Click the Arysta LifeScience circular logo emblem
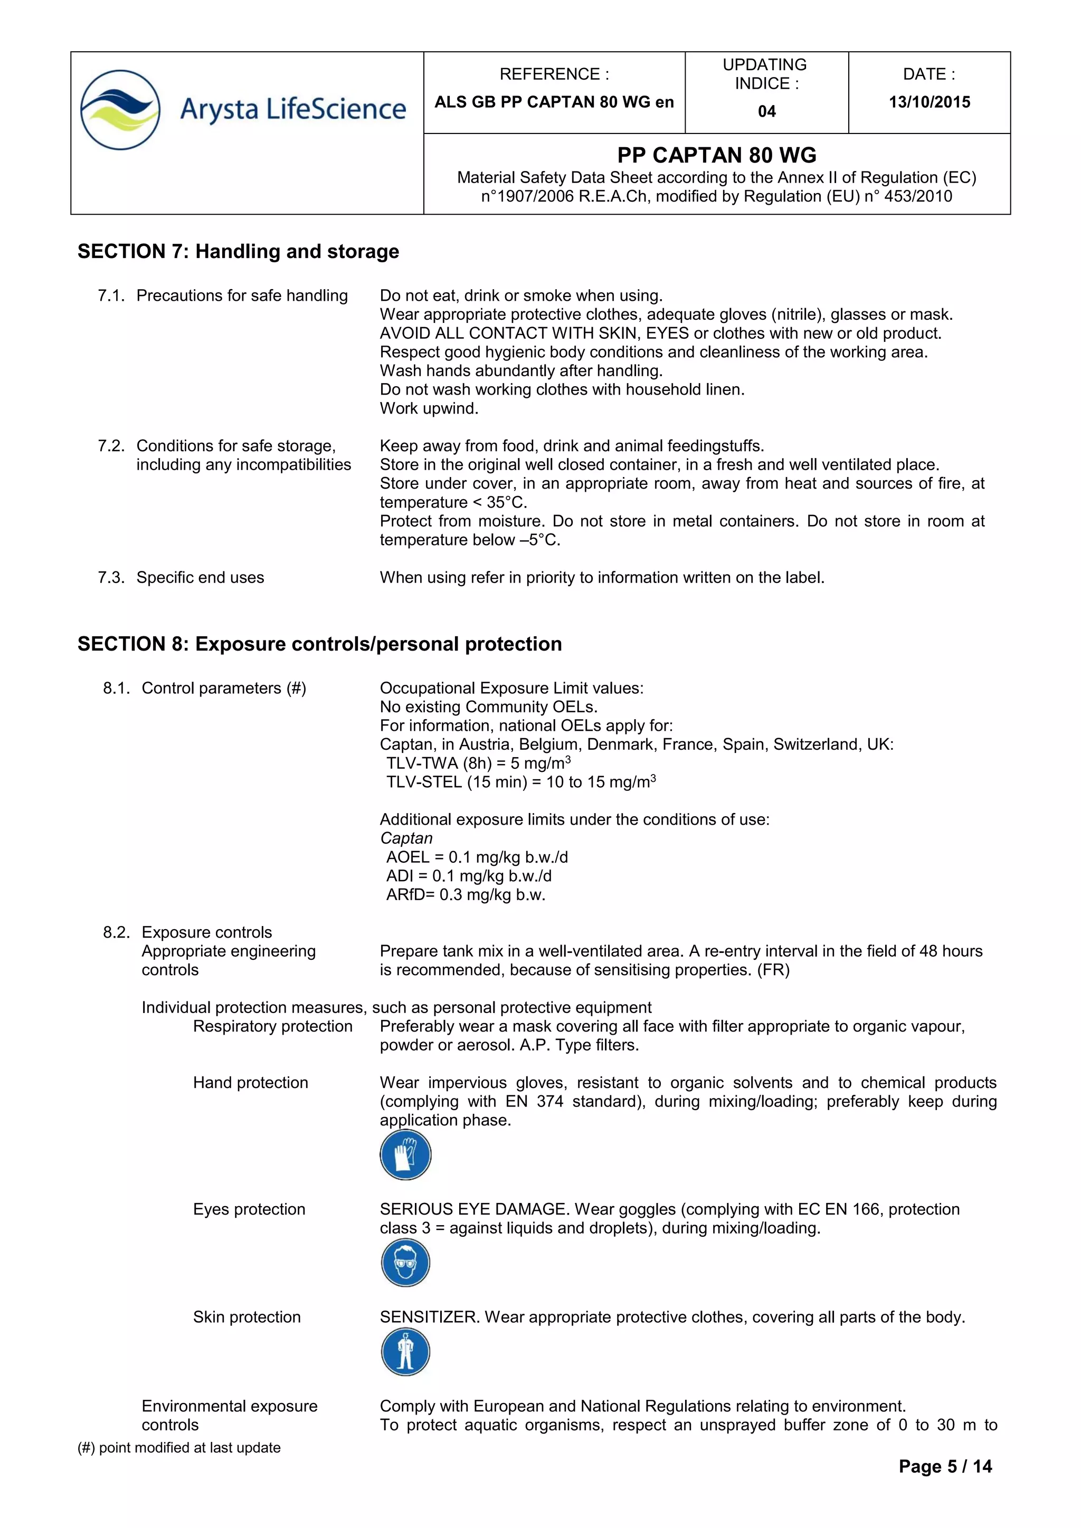[120, 109]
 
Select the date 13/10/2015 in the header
[929, 102]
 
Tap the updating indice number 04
[766, 111]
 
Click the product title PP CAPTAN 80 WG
[716, 155]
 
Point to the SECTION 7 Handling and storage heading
[238, 251]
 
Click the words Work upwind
[429, 408]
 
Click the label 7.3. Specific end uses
[181, 577]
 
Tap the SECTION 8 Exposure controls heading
[319, 644]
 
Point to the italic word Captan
[406, 838]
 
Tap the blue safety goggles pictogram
[405, 1263]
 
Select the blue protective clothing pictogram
[405, 1352]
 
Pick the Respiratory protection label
[272, 1026]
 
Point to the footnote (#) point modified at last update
[179, 1447]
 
